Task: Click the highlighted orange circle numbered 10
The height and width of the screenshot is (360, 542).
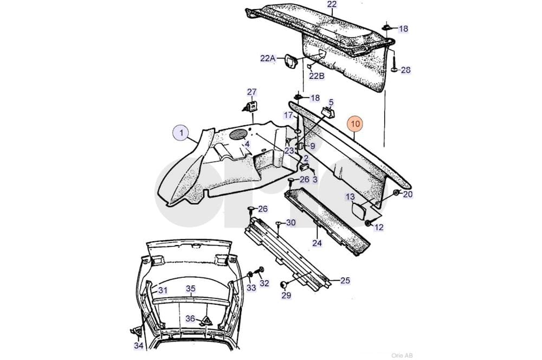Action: [356, 124]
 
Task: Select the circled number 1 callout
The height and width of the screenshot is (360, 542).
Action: [181, 133]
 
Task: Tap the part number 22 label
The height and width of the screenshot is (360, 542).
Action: [332, 4]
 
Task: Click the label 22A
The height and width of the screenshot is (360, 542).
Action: [268, 58]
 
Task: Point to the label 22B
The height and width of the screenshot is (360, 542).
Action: [317, 76]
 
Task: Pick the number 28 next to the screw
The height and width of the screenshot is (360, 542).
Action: [406, 70]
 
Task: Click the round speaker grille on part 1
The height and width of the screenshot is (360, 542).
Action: [238, 134]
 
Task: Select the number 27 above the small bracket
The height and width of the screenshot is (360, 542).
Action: [252, 92]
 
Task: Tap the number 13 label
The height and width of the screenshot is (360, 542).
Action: [350, 197]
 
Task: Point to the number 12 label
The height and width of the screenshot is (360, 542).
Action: [379, 227]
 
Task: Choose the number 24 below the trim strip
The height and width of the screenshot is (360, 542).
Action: [317, 243]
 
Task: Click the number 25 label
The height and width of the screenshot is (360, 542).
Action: [345, 280]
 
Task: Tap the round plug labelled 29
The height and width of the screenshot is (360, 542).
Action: [283, 285]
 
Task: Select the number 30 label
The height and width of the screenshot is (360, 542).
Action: [291, 223]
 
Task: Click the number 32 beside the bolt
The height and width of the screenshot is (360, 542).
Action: [264, 283]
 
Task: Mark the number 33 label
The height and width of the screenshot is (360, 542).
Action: [251, 288]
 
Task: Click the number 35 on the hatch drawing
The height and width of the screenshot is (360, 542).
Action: [191, 288]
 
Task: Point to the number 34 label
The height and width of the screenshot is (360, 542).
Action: [139, 345]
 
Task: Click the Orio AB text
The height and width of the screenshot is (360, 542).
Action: [402, 355]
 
